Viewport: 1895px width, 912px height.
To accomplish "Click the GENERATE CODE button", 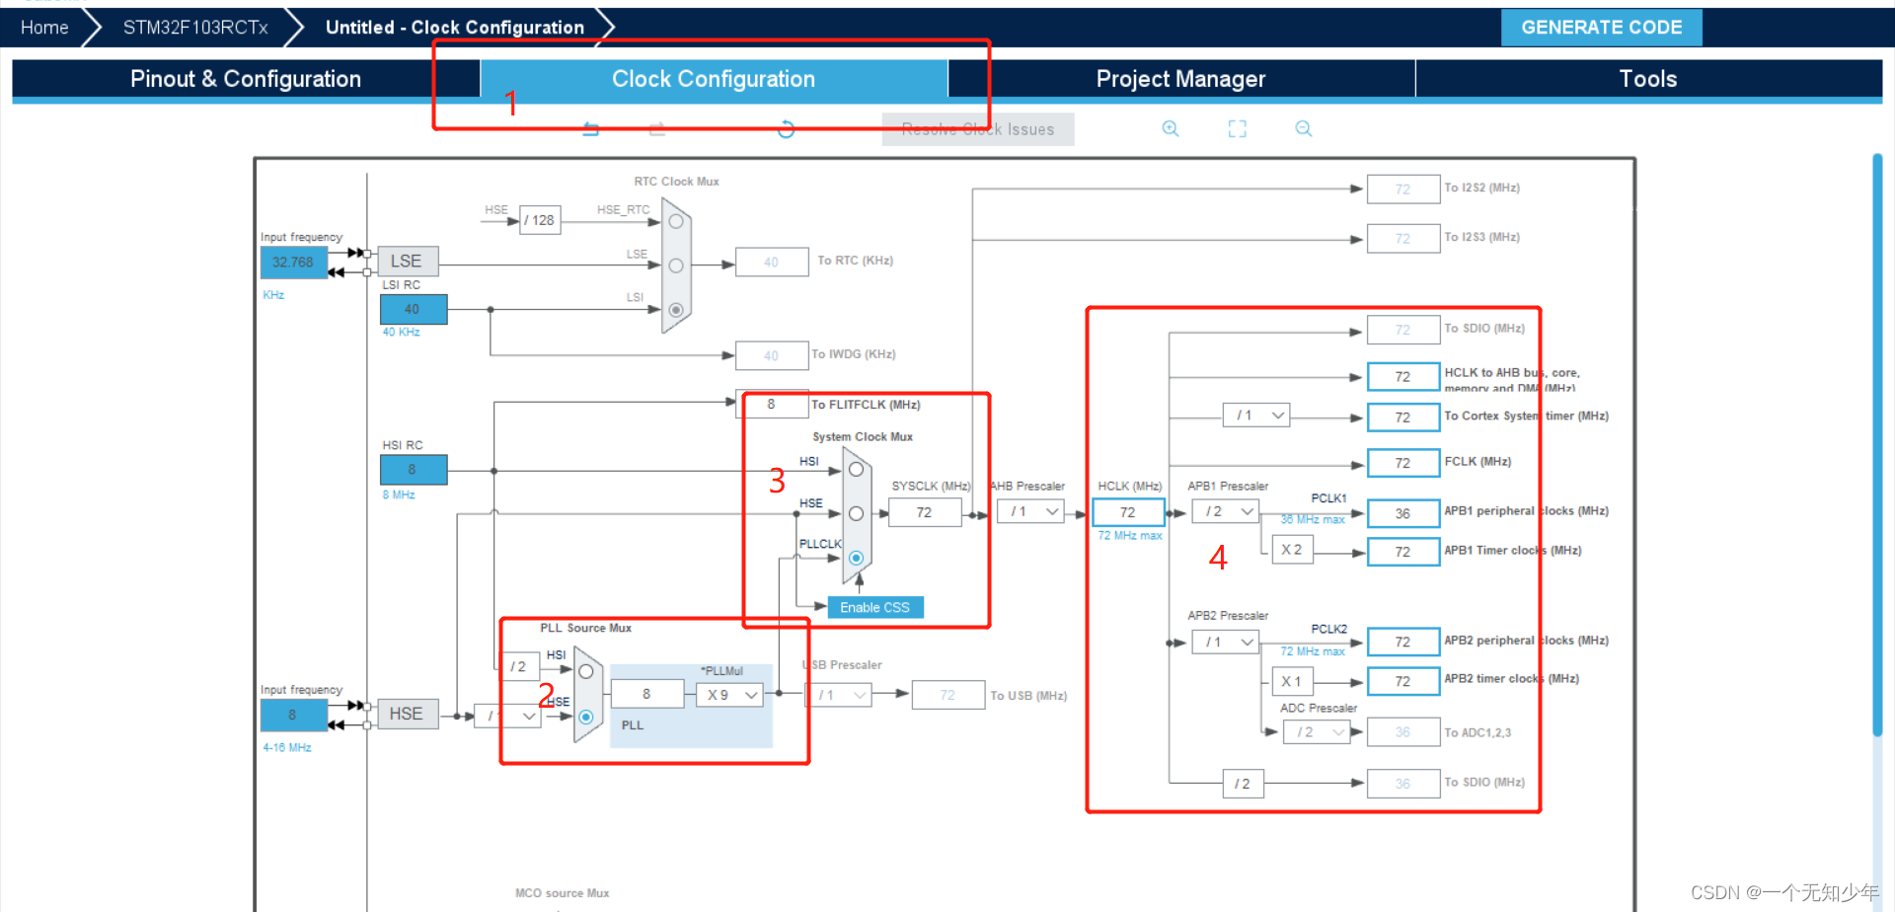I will (1601, 28).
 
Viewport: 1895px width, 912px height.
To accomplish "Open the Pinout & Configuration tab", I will (246, 79).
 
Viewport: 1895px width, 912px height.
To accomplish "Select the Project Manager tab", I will (1180, 79).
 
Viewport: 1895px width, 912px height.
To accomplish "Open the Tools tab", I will (1647, 79).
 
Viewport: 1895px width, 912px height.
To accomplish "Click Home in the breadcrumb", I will (44, 28).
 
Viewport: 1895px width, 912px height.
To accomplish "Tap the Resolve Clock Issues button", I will (977, 129).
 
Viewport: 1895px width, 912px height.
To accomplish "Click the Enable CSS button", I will (874, 607).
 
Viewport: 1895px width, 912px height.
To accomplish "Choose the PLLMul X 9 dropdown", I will (730, 695).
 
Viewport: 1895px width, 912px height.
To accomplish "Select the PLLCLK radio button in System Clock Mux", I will (856, 558).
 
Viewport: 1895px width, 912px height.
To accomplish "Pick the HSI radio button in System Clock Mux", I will (856, 470).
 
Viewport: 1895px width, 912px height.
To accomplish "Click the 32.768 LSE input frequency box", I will (293, 263).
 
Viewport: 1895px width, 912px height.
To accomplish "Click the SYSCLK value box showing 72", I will (924, 512).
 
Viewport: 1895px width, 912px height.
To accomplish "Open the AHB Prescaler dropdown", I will (1029, 511).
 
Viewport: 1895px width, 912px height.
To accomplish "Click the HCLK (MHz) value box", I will (1127, 512).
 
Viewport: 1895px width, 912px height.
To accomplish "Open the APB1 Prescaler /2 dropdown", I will (1225, 511).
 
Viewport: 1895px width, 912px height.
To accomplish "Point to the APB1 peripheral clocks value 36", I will (1402, 513).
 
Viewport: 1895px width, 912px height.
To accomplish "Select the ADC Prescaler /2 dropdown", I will (1316, 732).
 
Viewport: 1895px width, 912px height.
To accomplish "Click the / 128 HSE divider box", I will (540, 220).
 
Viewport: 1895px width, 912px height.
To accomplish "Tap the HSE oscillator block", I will (406, 714).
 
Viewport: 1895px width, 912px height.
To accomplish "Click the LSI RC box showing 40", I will (413, 309).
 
